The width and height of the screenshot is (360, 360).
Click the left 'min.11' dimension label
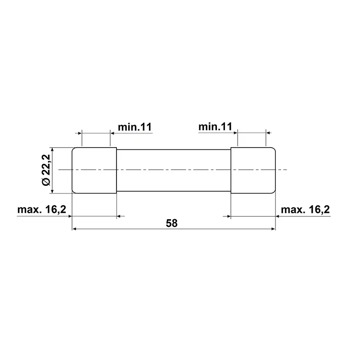coord(135,127)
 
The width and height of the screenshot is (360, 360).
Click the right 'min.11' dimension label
coord(215,126)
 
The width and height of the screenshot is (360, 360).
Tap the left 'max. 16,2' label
coord(42,209)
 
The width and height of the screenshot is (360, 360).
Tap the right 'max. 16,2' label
coord(306,209)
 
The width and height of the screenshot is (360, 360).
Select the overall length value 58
coord(172,223)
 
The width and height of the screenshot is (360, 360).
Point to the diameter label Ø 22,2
coord(46,170)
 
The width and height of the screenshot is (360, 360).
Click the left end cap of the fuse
coord(94,171)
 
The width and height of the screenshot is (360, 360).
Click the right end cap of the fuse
coord(253,171)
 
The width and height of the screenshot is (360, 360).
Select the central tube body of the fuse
coord(174,171)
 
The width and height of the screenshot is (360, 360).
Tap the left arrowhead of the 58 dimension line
coord(74,229)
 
